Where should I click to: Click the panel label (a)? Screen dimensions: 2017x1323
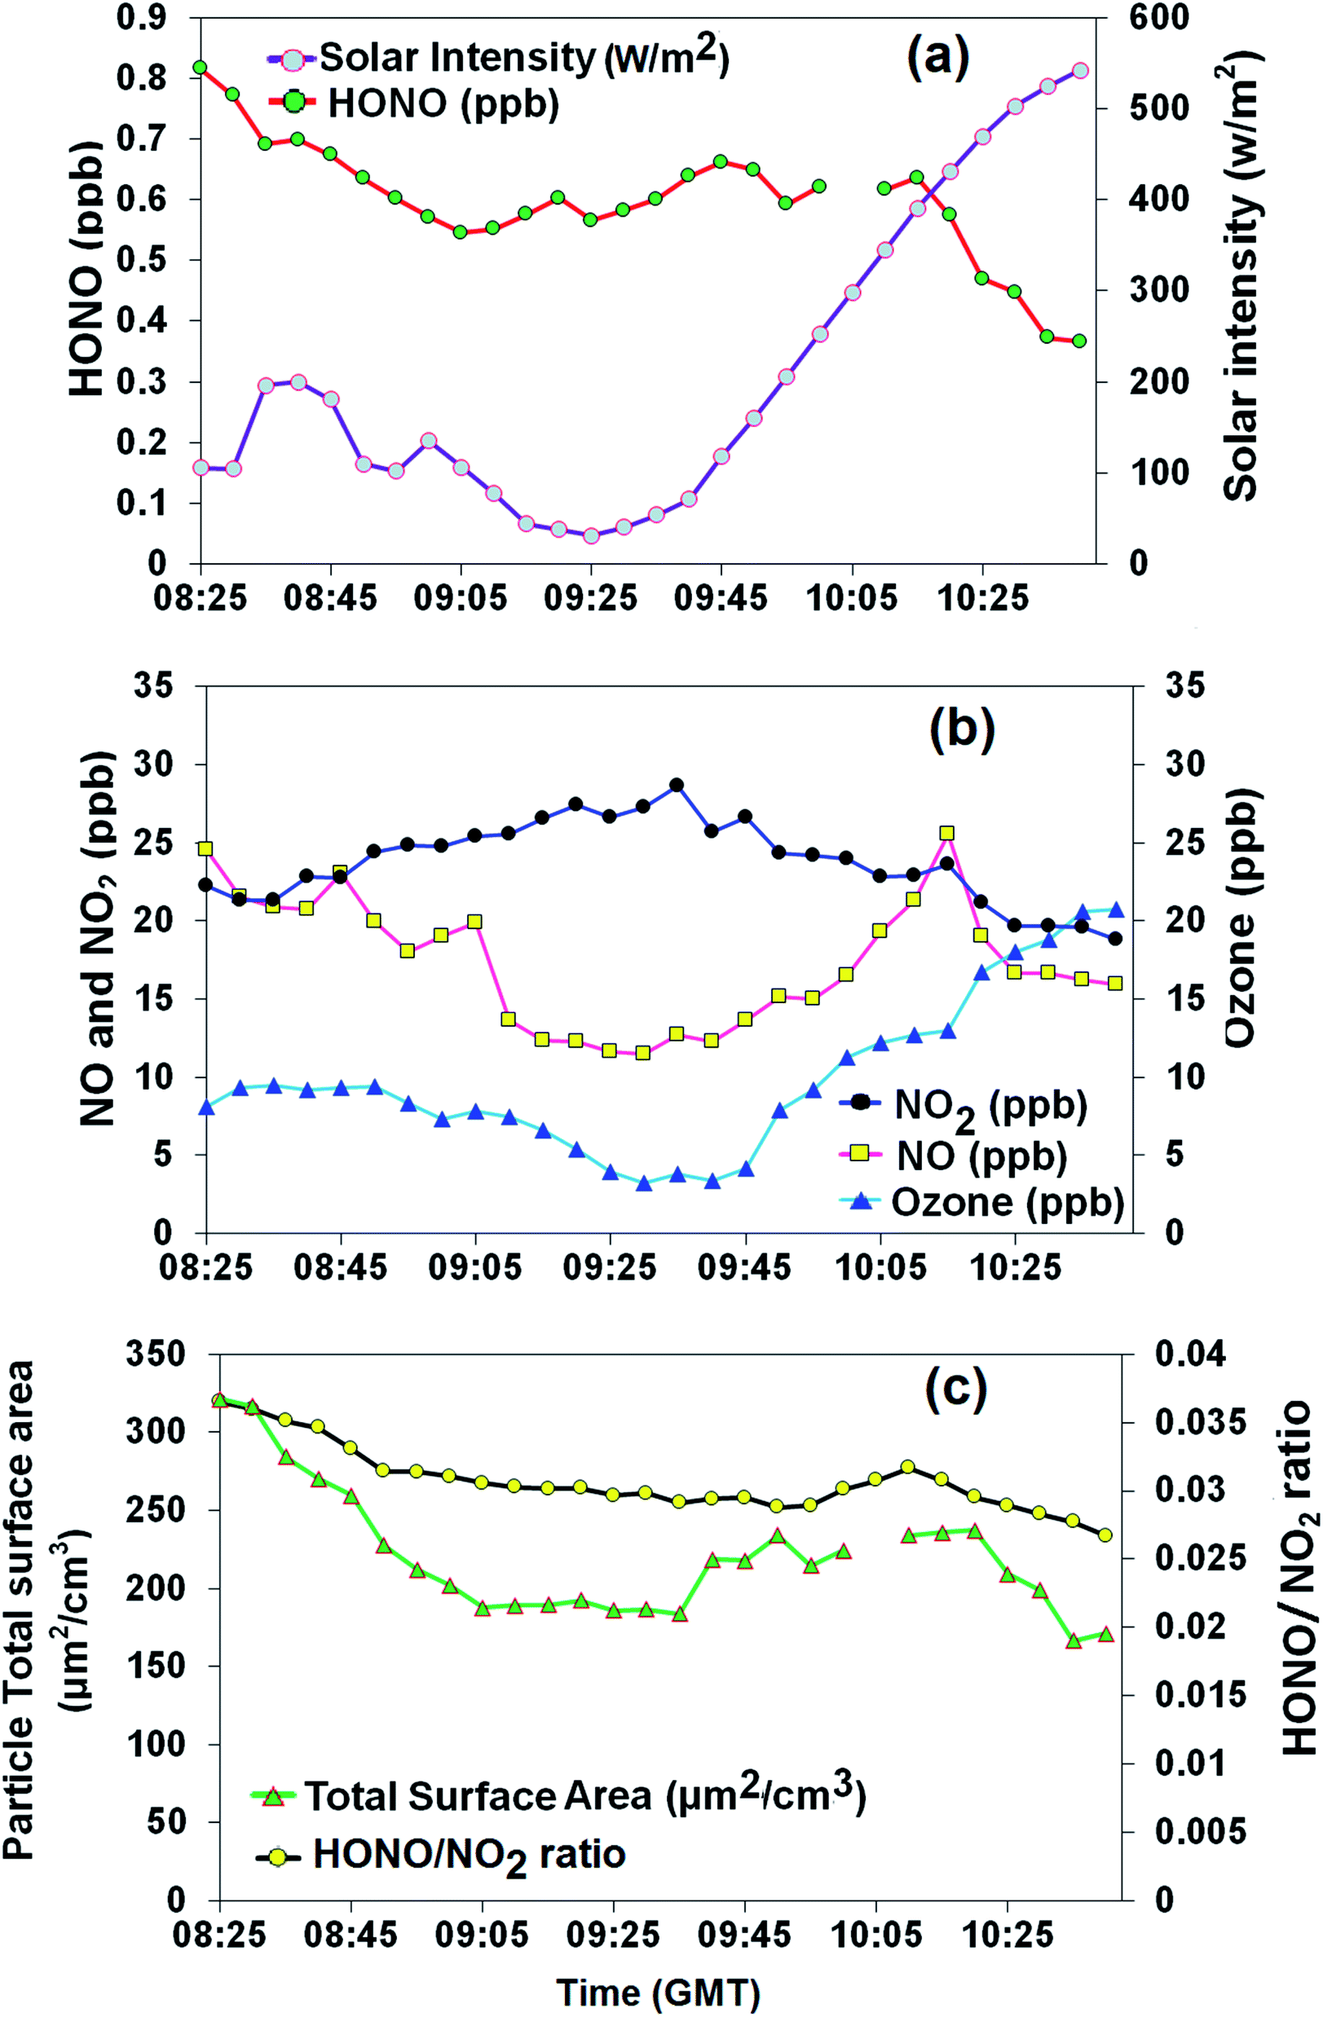point(937,60)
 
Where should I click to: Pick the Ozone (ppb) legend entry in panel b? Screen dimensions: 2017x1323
point(1007,1202)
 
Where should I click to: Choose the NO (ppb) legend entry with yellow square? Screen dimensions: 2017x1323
point(981,1156)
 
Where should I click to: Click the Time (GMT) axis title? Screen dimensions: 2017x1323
point(658,1991)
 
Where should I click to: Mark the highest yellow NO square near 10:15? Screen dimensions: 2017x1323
point(946,834)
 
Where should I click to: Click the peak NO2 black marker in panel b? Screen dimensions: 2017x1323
point(677,786)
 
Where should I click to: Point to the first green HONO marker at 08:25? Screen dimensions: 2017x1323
point(200,67)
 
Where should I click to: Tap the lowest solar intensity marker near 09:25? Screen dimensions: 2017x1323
point(592,535)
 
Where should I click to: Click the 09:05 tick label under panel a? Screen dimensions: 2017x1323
point(461,598)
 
